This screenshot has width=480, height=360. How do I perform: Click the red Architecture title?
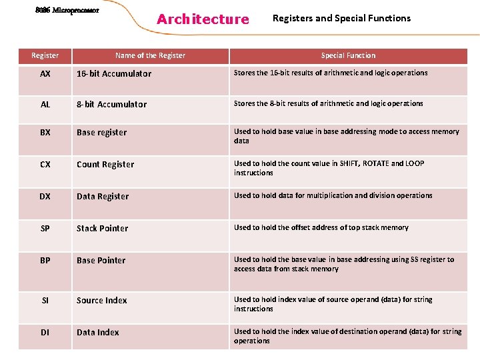tap(202, 19)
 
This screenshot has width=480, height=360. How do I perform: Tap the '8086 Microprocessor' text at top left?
tap(67, 11)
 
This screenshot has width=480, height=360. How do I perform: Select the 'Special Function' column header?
tap(348, 55)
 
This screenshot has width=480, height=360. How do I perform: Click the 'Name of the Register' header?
tap(150, 55)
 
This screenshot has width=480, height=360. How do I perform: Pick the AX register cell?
tap(45, 74)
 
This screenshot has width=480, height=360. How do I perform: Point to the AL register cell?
tap(45, 105)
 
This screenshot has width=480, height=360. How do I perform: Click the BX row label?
tap(45, 133)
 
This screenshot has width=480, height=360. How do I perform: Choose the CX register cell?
tap(45, 165)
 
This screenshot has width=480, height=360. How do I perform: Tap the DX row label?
tap(45, 197)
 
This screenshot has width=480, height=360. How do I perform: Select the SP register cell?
tap(45, 229)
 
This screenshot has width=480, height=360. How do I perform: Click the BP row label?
tap(45, 261)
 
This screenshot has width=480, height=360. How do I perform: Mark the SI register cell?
tap(45, 301)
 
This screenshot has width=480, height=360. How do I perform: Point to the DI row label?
tap(45, 333)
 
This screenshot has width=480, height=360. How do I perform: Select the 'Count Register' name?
tap(105, 165)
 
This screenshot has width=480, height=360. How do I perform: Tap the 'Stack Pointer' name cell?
tap(102, 229)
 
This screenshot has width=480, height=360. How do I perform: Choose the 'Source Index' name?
tap(101, 301)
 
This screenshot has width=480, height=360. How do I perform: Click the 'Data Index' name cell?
tap(98, 333)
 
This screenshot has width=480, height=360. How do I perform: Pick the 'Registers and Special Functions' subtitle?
tap(342, 18)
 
